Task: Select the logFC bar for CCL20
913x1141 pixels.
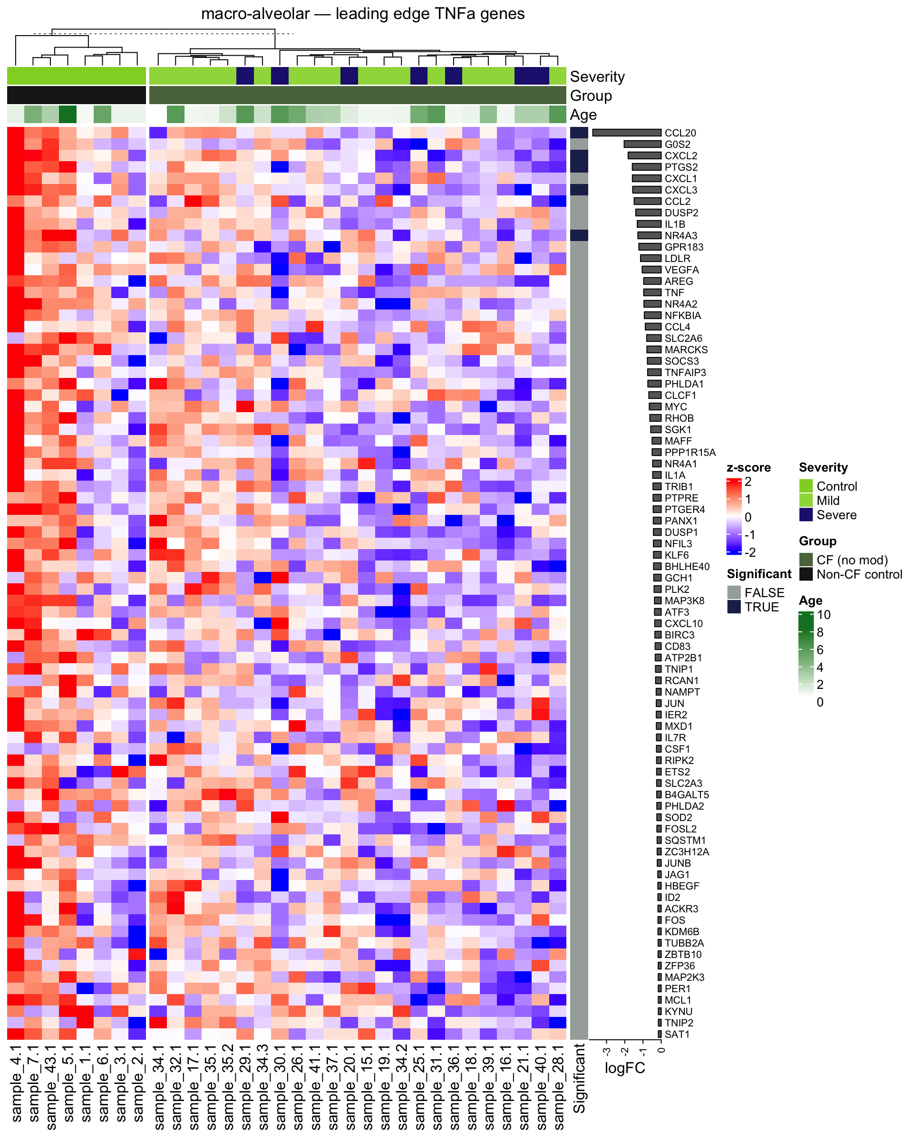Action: [x=627, y=133]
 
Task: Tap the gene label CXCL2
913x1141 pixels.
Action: [x=680, y=155]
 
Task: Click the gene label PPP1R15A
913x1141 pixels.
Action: [x=690, y=453]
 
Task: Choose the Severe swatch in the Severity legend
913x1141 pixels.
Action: [x=806, y=515]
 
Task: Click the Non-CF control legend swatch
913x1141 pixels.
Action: [x=806, y=574]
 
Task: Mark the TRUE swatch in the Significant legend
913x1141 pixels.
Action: [x=734, y=607]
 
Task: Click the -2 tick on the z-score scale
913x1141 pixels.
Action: [x=749, y=552]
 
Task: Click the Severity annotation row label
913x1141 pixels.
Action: [x=597, y=77]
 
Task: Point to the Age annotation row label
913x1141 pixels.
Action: [x=583, y=115]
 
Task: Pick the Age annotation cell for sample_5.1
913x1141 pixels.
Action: [x=68, y=114]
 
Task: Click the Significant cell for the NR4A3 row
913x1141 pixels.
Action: [x=579, y=235]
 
